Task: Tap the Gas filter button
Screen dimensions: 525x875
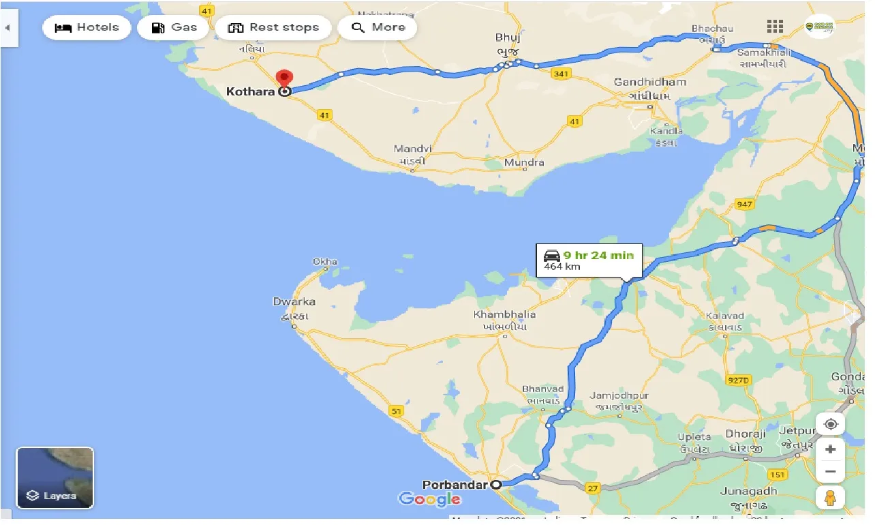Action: (173, 28)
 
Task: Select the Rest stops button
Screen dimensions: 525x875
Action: (273, 28)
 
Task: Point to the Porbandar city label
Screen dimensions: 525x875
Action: (455, 485)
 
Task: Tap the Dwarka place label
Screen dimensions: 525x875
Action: (294, 302)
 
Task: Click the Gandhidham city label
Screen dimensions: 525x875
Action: (649, 82)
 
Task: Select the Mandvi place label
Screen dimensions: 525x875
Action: (413, 149)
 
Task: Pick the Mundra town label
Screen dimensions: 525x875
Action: (524, 162)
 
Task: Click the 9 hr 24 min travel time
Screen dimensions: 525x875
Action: (598, 256)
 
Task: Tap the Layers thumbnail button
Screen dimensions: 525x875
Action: (55, 478)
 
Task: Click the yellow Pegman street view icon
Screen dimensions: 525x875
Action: (829, 498)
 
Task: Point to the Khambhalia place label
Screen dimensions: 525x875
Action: (504, 315)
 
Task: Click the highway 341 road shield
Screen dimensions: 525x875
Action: (561, 74)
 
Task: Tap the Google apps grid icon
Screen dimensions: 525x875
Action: (775, 27)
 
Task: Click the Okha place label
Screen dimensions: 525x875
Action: (325, 262)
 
